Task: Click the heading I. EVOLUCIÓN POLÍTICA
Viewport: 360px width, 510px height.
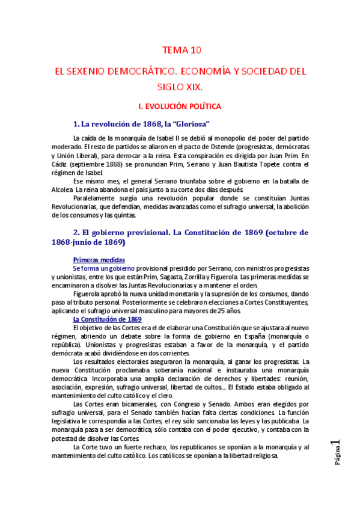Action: [180, 106]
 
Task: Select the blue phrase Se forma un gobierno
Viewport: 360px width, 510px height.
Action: [103, 268]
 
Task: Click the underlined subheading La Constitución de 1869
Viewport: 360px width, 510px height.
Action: [107, 319]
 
